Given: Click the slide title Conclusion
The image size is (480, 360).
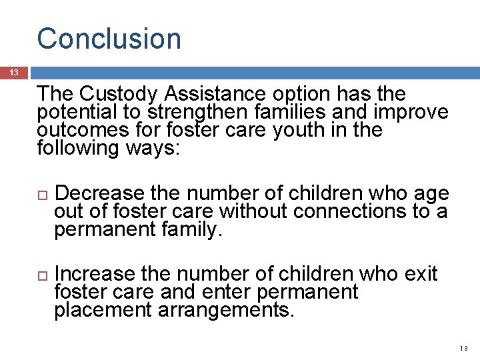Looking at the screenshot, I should pyautogui.click(x=109, y=39).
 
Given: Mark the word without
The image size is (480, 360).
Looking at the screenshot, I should pyautogui.click(x=252, y=211).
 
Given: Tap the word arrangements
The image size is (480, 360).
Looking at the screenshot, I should pyautogui.click(x=227, y=310).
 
